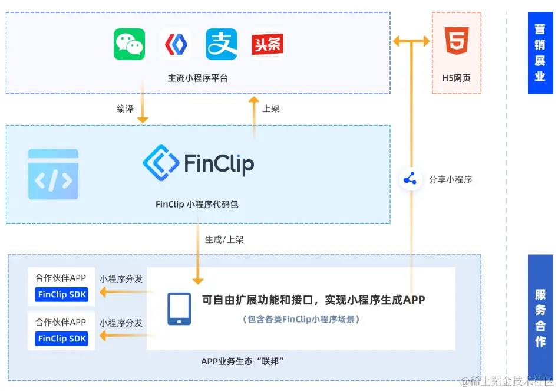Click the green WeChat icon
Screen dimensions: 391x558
(129, 45)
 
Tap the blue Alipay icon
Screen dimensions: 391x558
(222, 45)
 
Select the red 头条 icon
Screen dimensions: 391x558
(268, 45)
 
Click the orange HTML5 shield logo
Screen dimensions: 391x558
(457, 41)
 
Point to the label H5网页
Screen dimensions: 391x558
(457, 78)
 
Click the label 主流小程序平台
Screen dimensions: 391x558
(197, 78)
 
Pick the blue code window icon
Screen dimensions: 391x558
(53, 174)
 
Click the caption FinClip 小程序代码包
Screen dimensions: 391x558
(197, 205)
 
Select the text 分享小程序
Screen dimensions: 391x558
(451, 179)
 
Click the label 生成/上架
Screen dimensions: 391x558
(224, 240)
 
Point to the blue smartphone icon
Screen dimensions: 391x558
(179, 308)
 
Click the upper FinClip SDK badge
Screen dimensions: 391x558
(61, 294)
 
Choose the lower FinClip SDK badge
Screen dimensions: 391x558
(61, 339)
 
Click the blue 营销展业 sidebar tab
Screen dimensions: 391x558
(540, 53)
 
